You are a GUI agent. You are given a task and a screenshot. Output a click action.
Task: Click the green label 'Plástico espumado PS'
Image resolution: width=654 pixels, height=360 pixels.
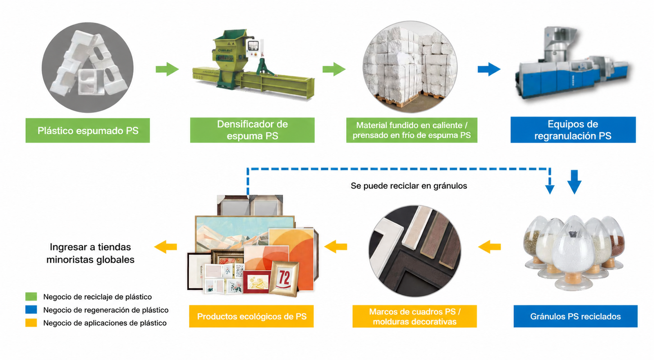pyautogui.click(x=87, y=130)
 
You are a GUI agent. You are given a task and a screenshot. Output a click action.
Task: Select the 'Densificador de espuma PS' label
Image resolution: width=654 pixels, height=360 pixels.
pyautogui.click(x=252, y=130)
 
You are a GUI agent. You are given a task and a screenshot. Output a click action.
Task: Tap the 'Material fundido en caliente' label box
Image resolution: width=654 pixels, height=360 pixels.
pyautogui.click(x=412, y=130)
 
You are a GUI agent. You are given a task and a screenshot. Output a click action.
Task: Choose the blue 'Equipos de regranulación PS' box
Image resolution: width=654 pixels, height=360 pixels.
pyautogui.click(x=573, y=130)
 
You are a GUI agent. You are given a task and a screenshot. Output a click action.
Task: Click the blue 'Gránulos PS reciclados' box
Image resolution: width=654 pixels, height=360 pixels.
pyautogui.click(x=576, y=316)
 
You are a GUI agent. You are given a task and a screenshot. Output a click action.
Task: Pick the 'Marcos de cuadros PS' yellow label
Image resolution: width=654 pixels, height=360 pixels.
pyautogui.click(x=414, y=316)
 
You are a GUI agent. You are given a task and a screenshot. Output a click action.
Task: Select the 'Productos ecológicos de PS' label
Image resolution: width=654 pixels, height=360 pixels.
pyautogui.click(x=251, y=316)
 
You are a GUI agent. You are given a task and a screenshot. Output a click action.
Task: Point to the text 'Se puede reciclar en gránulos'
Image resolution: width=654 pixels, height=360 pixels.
pyautogui.click(x=409, y=186)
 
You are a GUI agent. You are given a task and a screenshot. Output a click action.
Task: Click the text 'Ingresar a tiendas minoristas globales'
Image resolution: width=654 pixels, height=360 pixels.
pyautogui.click(x=90, y=253)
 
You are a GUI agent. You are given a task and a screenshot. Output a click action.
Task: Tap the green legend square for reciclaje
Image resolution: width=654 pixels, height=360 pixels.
pyautogui.click(x=31, y=297)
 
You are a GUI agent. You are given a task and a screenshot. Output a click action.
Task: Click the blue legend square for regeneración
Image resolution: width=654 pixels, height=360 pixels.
pyautogui.click(x=31, y=309)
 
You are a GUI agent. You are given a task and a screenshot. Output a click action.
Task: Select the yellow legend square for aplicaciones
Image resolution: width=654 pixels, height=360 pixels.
pyautogui.click(x=31, y=323)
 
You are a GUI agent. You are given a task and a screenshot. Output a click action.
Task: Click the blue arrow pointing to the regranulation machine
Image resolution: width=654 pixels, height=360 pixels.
pyautogui.click(x=489, y=69)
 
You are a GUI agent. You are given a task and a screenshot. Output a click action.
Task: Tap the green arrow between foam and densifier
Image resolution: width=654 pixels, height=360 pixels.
pyautogui.click(x=167, y=69)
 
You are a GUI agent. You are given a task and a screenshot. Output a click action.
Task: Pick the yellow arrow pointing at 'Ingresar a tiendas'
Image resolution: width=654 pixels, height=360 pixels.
pyautogui.click(x=166, y=247)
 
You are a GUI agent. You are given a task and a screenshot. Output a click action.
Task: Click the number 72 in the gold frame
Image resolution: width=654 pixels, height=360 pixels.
pyautogui.click(x=284, y=278)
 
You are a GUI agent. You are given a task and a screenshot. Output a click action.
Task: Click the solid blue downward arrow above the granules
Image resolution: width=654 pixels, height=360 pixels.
pyautogui.click(x=574, y=182)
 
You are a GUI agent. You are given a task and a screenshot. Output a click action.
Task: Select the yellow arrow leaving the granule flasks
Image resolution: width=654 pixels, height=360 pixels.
pyautogui.click(x=489, y=247)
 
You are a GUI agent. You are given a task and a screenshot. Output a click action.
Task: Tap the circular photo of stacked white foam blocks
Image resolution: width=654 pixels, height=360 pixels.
pyautogui.click(x=410, y=67)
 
